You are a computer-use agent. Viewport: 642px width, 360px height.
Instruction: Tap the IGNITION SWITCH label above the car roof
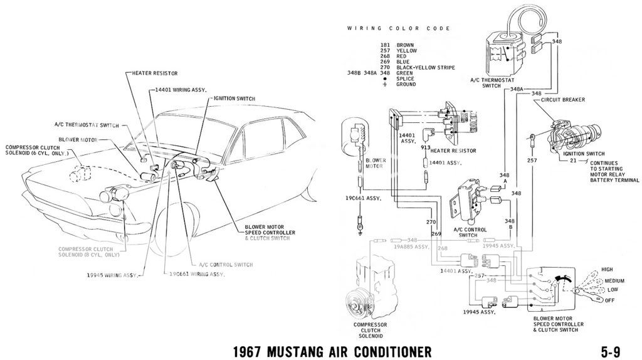pos(234,98)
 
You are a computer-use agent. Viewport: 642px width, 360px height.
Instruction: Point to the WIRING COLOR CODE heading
pos(398,29)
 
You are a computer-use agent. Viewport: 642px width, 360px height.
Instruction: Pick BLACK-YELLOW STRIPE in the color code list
pos(430,68)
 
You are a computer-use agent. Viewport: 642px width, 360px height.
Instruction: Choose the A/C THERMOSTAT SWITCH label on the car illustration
pos(95,126)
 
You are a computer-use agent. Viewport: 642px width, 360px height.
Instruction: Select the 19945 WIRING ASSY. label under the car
pos(112,275)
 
